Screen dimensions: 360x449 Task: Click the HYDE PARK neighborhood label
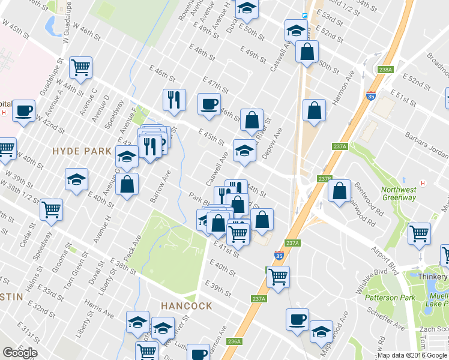(82, 151)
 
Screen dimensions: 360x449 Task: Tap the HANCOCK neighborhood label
(186, 306)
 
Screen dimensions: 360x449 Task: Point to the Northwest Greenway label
(399, 194)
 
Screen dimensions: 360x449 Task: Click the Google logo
(20, 353)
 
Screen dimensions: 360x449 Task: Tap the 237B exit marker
(325, 179)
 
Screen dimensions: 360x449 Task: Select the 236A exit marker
(235, 341)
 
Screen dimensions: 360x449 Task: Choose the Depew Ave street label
(272, 143)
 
